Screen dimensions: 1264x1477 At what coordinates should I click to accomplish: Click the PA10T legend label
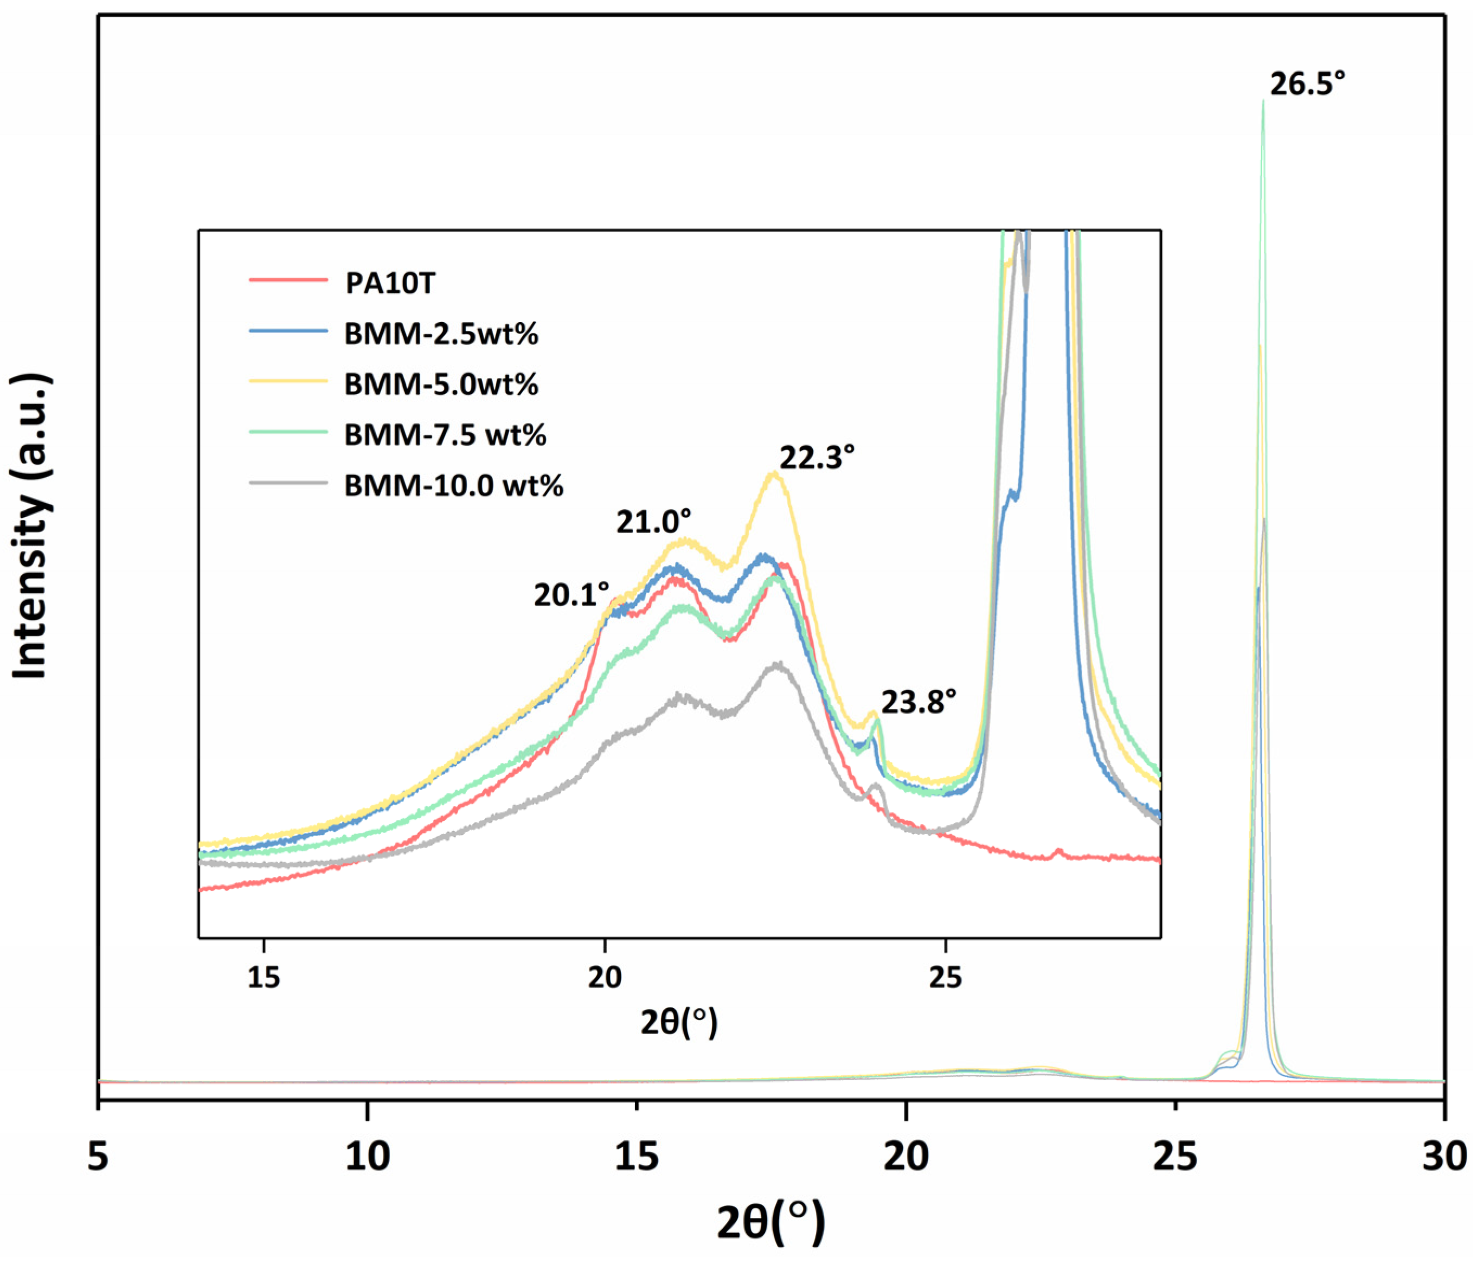click(x=390, y=284)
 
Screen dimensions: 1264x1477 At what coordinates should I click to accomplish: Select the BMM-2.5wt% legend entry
click(x=441, y=333)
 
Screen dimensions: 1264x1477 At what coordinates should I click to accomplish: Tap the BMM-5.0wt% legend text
click(x=441, y=384)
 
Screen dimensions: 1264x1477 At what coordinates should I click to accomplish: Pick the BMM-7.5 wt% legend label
click(x=445, y=435)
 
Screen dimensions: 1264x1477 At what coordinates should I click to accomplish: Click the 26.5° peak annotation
click(x=1307, y=85)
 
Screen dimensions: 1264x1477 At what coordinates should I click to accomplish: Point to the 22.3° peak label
click(x=817, y=458)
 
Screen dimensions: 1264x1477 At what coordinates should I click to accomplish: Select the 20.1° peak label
click(x=571, y=594)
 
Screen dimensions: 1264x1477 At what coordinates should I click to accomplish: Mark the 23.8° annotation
click(x=918, y=702)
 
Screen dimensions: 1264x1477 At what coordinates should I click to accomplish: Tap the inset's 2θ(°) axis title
click(x=679, y=1022)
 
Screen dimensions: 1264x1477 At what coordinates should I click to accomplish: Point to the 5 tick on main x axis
click(x=98, y=1156)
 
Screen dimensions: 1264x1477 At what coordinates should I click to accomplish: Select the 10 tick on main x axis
click(x=367, y=1156)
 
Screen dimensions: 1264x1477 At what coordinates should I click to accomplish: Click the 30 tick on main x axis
click(x=1444, y=1156)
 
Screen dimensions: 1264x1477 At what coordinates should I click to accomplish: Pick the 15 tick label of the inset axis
click(x=264, y=977)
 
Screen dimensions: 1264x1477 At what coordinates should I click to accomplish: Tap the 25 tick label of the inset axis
click(x=945, y=977)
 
